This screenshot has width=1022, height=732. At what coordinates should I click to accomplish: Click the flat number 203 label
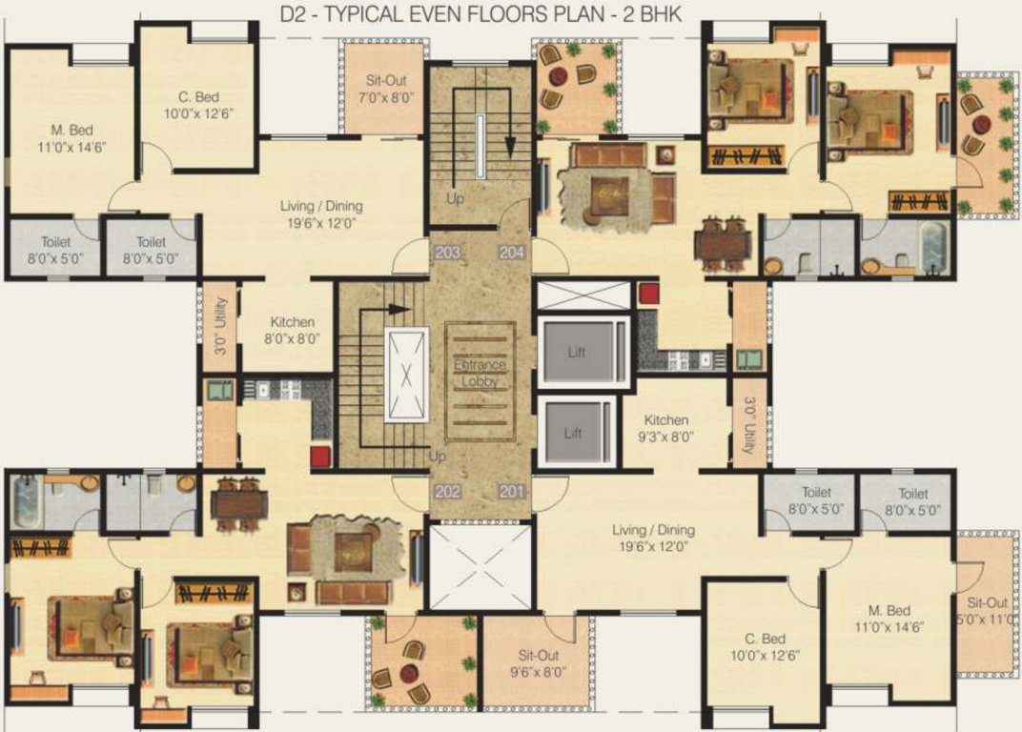tap(447, 253)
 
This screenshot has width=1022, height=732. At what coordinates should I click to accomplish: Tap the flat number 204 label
tap(511, 253)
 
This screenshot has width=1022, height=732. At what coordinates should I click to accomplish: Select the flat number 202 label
tap(447, 492)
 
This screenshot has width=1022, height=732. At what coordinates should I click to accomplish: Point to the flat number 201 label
tap(511, 492)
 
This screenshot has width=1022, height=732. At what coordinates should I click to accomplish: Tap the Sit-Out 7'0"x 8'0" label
tap(390, 90)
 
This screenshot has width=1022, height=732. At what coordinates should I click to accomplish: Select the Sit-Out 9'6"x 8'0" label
tap(539, 662)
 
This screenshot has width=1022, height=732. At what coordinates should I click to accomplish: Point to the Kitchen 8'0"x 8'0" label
tap(292, 330)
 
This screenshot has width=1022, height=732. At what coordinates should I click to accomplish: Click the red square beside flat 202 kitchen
tap(320, 456)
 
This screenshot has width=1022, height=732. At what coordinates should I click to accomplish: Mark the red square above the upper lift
tap(650, 294)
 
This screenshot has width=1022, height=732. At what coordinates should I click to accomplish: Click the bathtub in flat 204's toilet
tap(933, 245)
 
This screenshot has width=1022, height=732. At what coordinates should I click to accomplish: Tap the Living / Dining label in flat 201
tap(654, 538)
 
